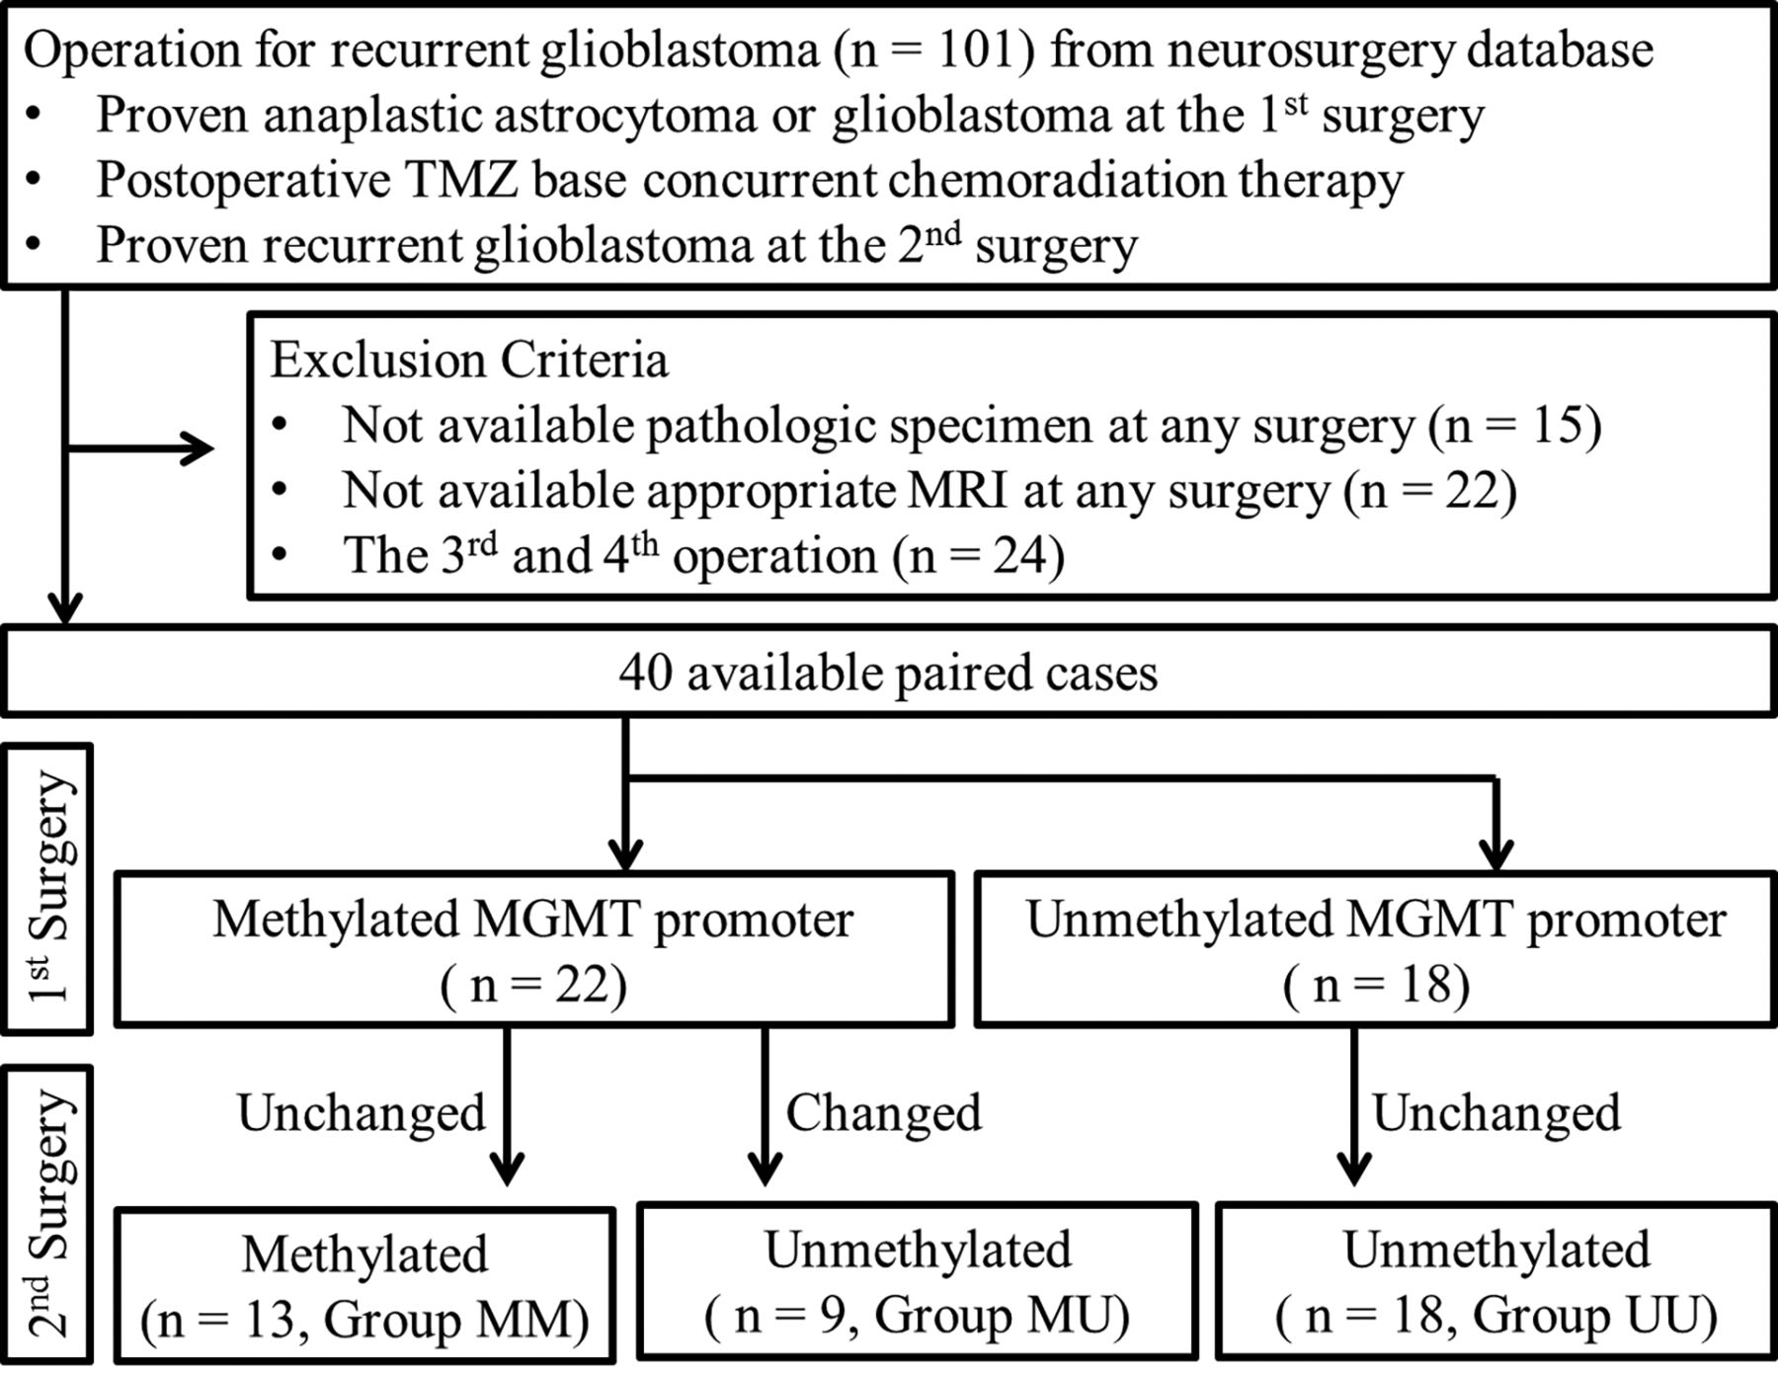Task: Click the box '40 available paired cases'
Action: (x=889, y=672)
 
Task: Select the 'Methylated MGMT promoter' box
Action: (x=534, y=949)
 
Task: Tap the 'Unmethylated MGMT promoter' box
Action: (x=1375, y=949)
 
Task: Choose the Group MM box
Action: (x=364, y=1284)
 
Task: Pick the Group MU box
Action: (x=918, y=1281)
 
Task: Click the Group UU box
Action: (x=1495, y=1281)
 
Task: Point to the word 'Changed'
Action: (x=884, y=1113)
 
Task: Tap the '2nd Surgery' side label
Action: (x=48, y=1215)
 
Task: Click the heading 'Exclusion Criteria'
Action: (x=469, y=360)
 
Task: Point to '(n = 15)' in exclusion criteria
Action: (x=1515, y=426)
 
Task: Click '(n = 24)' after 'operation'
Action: (x=979, y=555)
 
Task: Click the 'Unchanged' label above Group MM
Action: (x=362, y=1113)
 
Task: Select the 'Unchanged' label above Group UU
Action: (x=1496, y=1113)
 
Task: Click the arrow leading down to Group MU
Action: (x=765, y=1106)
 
